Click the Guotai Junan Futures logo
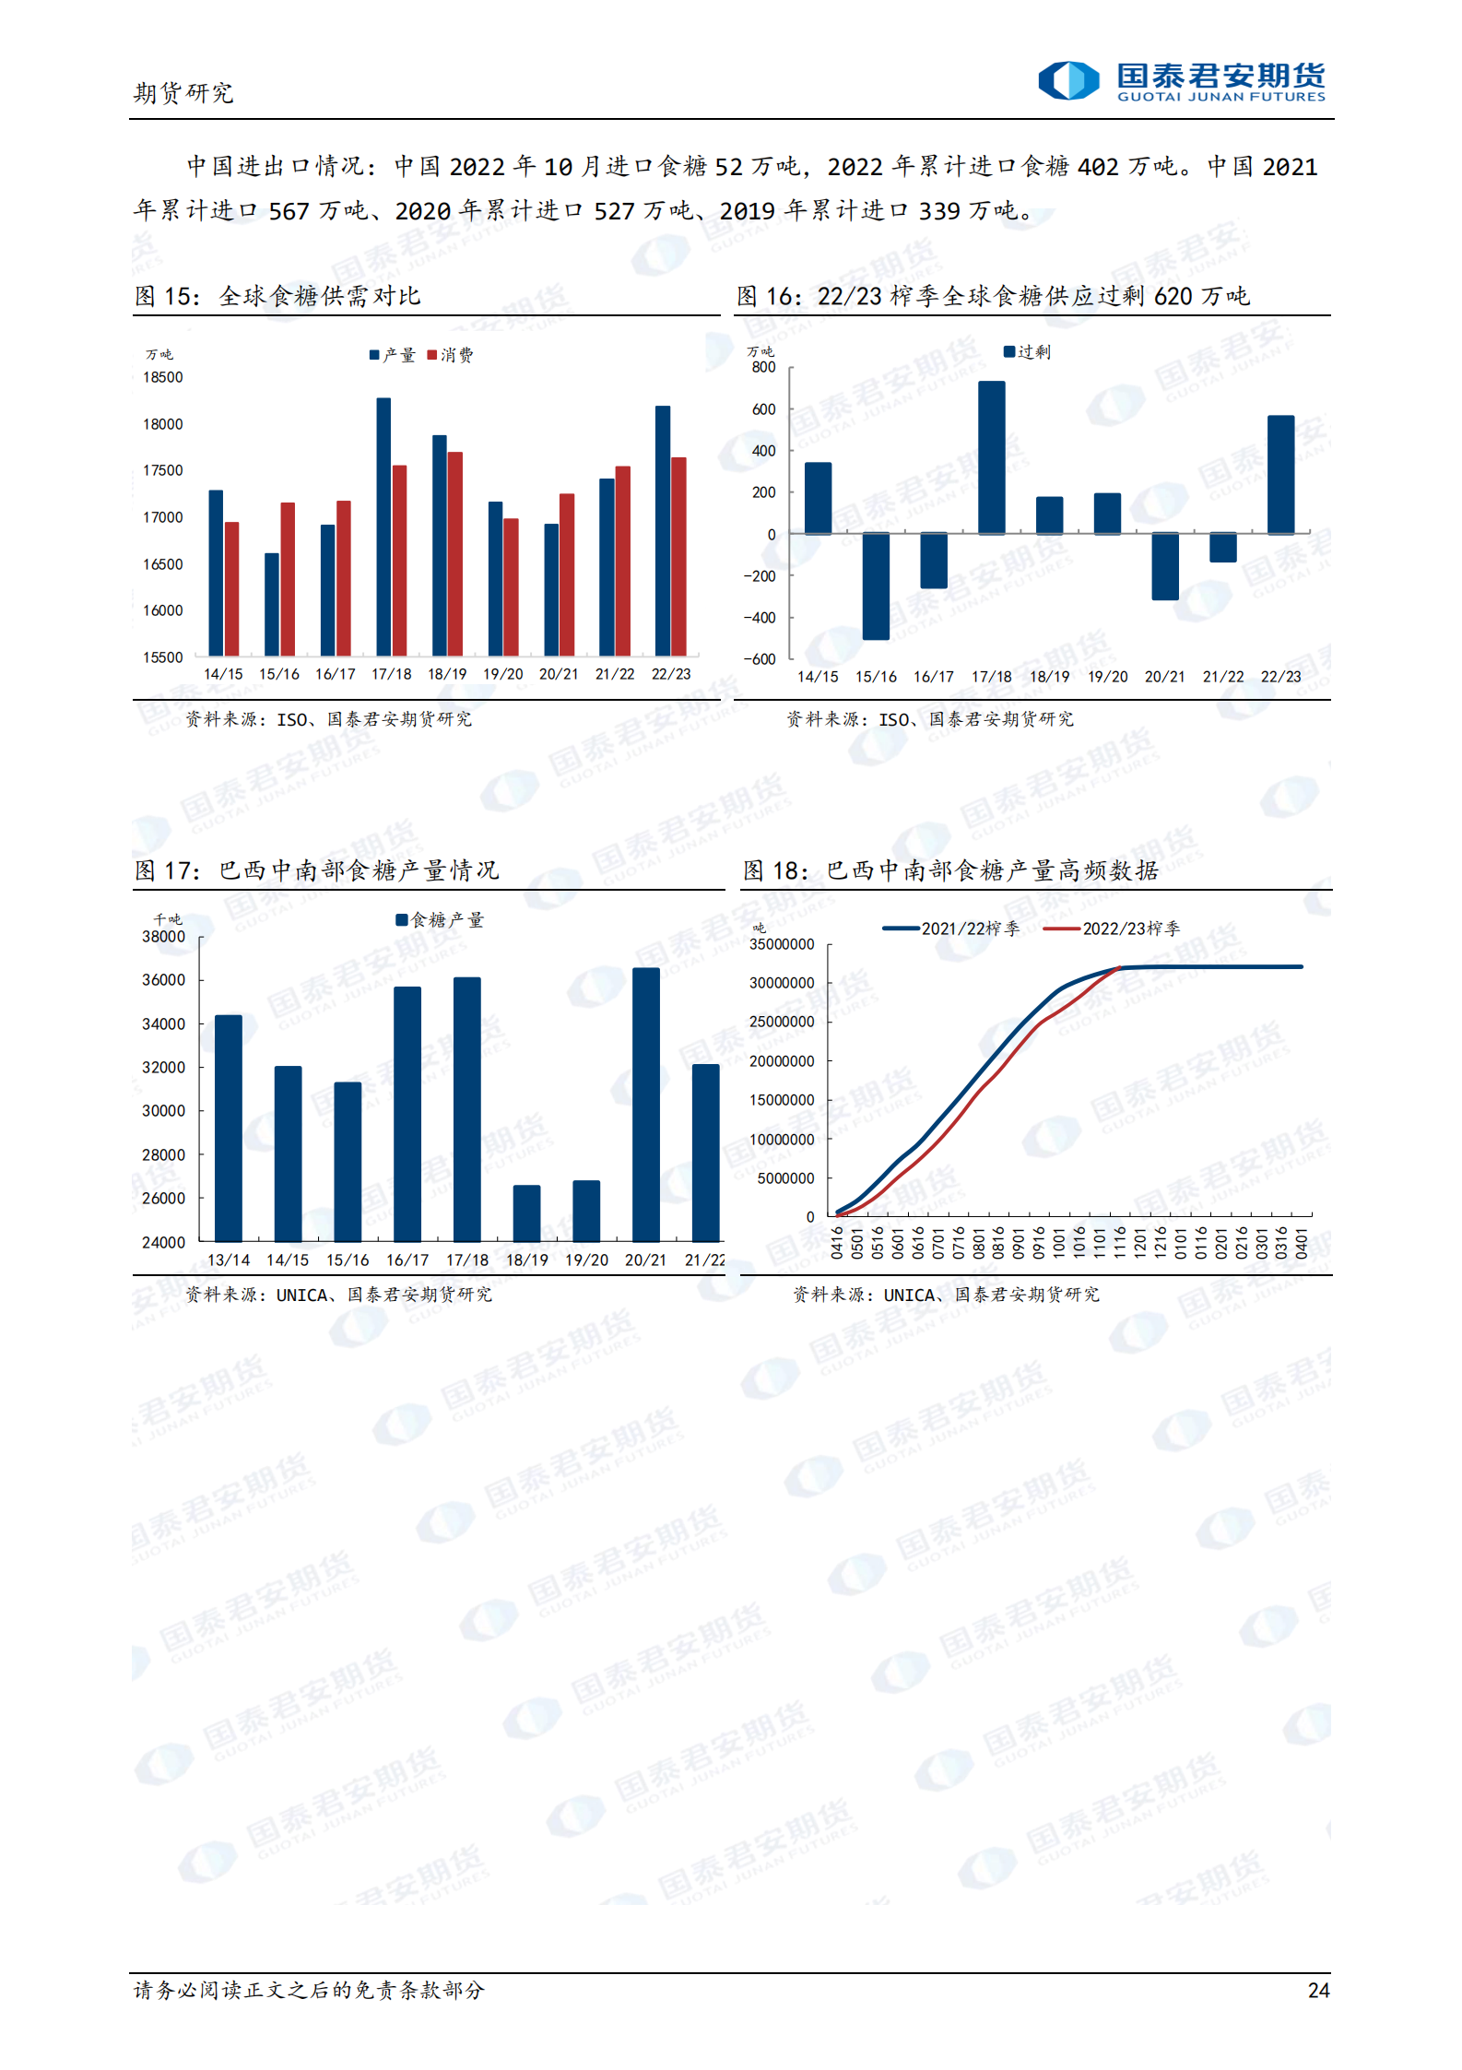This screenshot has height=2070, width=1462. (x=1182, y=81)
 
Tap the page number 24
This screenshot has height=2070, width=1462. (x=1318, y=1990)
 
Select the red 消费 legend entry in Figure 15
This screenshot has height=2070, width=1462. (x=450, y=355)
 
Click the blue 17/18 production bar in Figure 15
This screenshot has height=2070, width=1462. (x=383, y=526)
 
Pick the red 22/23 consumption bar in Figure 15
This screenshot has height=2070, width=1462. (x=678, y=556)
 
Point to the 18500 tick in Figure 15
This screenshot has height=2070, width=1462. (x=163, y=377)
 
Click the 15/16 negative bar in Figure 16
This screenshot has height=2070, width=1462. (x=876, y=586)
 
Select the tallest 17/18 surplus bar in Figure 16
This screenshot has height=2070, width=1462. (x=992, y=457)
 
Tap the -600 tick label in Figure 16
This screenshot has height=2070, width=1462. (x=760, y=659)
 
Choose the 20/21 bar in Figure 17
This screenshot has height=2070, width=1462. (x=646, y=1104)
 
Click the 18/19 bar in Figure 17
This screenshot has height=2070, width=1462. (x=526, y=1212)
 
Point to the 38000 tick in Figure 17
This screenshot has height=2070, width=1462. (x=163, y=937)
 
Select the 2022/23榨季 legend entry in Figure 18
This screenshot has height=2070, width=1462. (x=1112, y=929)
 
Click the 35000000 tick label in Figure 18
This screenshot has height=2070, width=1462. (x=782, y=944)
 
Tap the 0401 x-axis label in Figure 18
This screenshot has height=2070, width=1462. (x=1302, y=1242)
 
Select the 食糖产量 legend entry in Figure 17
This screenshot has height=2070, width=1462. (x=440, y=920)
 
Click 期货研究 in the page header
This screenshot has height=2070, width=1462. (x=183, y=93)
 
